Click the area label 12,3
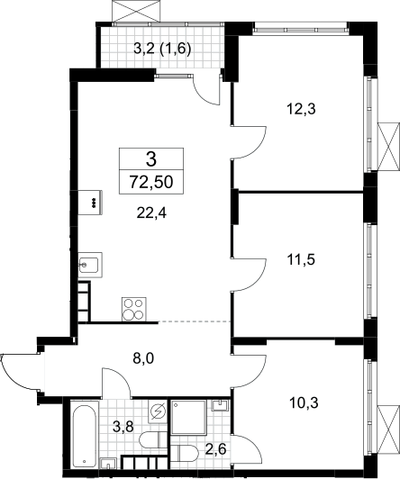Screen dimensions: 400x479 301,109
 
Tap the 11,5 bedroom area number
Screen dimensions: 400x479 301,259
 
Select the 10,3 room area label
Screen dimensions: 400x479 304,403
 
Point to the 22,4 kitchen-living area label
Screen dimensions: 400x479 151,212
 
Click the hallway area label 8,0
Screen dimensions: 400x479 143,358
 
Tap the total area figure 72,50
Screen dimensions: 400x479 151,182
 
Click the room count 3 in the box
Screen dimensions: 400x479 151,158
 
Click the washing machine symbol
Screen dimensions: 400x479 158,411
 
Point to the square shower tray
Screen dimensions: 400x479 189,417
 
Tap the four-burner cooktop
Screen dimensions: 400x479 134,309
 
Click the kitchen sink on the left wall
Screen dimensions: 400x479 90,265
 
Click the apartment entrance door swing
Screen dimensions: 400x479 21,372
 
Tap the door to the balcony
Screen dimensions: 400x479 206,88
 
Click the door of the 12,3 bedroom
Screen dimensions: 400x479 249,141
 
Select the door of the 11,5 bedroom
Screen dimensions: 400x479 249,275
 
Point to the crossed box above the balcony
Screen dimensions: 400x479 136,11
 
